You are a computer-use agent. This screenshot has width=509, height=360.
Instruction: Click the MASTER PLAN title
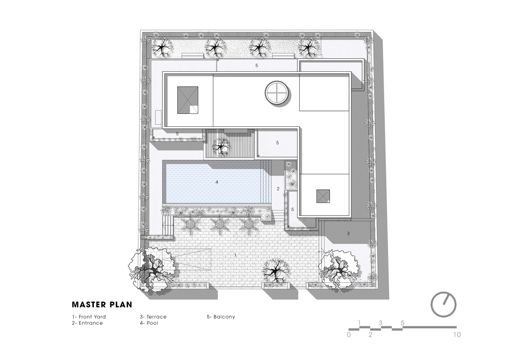click(x=102, y=305)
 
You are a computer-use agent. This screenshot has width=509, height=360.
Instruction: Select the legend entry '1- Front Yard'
click(x=89, y=317)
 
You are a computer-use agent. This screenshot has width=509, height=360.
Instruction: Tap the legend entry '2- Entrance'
click(x=87, y=323)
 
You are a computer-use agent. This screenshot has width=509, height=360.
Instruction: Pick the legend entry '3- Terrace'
click(x=153, y=317)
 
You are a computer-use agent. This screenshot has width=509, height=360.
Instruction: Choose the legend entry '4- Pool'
click(x=149, y=323)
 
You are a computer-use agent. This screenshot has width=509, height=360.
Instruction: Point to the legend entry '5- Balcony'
click(x=221, y=317)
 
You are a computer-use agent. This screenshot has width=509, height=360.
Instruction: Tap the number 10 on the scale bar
click(x=457, y=335)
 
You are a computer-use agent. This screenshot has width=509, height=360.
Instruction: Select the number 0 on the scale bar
click(x=349, y=335)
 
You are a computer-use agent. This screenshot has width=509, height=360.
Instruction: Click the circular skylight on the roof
click(x=277, y=93)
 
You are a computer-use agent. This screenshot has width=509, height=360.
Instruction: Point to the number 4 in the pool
click(x=217, y=182)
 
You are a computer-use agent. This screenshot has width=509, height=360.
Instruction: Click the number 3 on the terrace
click(x=348, y=234)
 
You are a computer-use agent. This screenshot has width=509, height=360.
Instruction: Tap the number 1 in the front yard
click(x=235, y=255)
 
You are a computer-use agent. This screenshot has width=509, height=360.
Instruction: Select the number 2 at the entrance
click(x=278, y=189)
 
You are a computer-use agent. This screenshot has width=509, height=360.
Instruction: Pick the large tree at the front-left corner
click(x=152, y=270)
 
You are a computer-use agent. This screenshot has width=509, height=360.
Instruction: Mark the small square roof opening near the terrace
click(x=323, y=196)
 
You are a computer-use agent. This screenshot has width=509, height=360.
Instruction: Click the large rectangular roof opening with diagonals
click(x=187, y=100)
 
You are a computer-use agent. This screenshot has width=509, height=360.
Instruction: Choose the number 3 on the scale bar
click(x=381, y=323)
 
